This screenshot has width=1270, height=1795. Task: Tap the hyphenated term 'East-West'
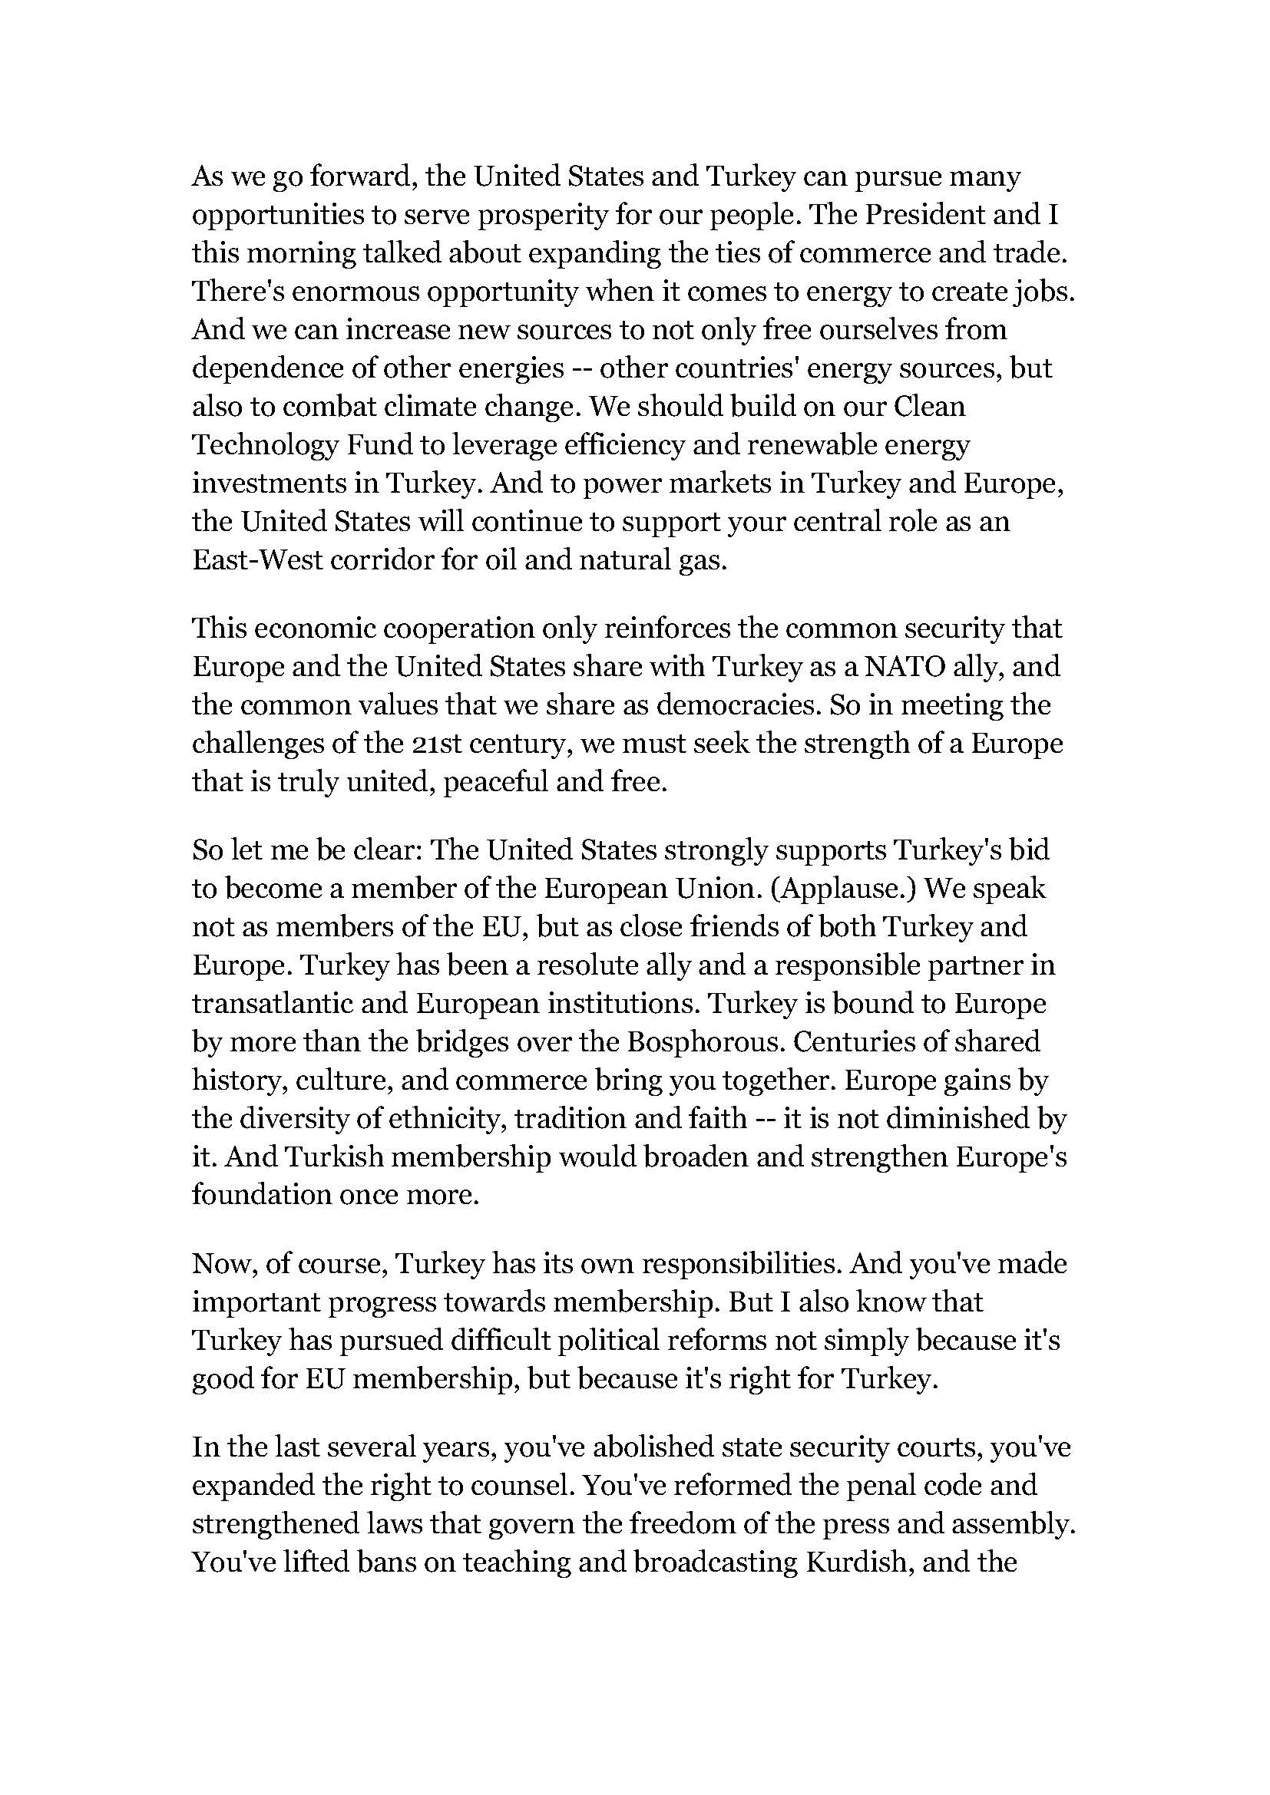[257, 560]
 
